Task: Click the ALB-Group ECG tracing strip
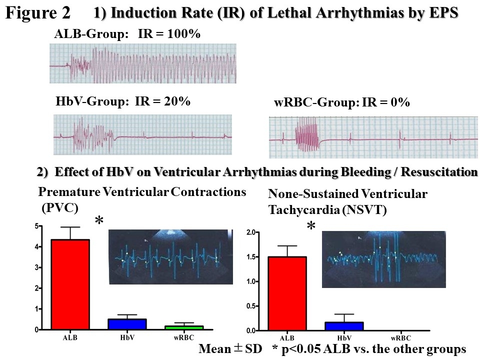click(142, 63)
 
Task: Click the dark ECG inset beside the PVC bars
click(171, 257)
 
